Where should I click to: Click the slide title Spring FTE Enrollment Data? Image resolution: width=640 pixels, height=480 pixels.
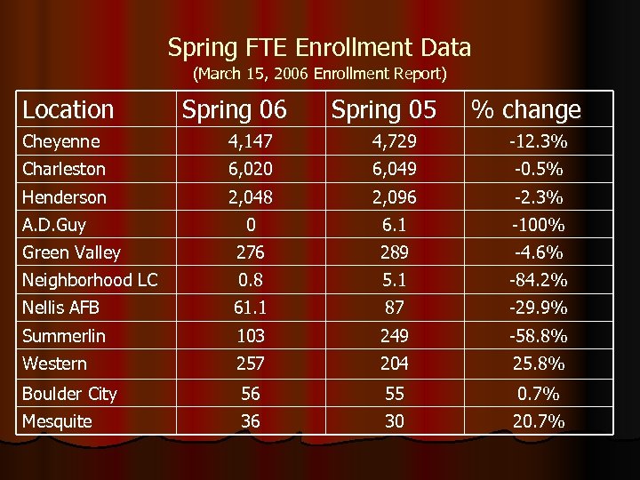(319, 47)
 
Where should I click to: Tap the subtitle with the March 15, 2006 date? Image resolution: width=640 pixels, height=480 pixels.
(319, 73)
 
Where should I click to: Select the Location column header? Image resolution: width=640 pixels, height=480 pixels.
(68, 110)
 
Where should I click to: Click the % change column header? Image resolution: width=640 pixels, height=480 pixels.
(525, 110)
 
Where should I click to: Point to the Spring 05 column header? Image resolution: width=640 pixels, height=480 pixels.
(384, 110)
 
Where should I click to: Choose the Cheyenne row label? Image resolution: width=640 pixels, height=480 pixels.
(61, 141)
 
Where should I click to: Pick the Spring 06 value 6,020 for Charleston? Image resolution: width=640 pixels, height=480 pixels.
(251, 169)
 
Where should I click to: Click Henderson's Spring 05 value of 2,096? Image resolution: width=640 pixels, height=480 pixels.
(394, 197)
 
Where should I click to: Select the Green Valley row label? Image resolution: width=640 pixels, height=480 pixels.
(71, 252)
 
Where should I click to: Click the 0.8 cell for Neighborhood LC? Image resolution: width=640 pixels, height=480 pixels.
(251, 280)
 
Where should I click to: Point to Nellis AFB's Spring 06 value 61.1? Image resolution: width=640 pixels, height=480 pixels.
(251, 308)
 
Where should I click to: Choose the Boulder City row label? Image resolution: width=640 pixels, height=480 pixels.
(69, 394)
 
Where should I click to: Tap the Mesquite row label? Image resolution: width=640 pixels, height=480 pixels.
(57, 421)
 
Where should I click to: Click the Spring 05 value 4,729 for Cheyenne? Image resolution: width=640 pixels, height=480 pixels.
(394, 141)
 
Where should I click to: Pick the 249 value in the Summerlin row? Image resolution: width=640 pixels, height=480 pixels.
(394, 336)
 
